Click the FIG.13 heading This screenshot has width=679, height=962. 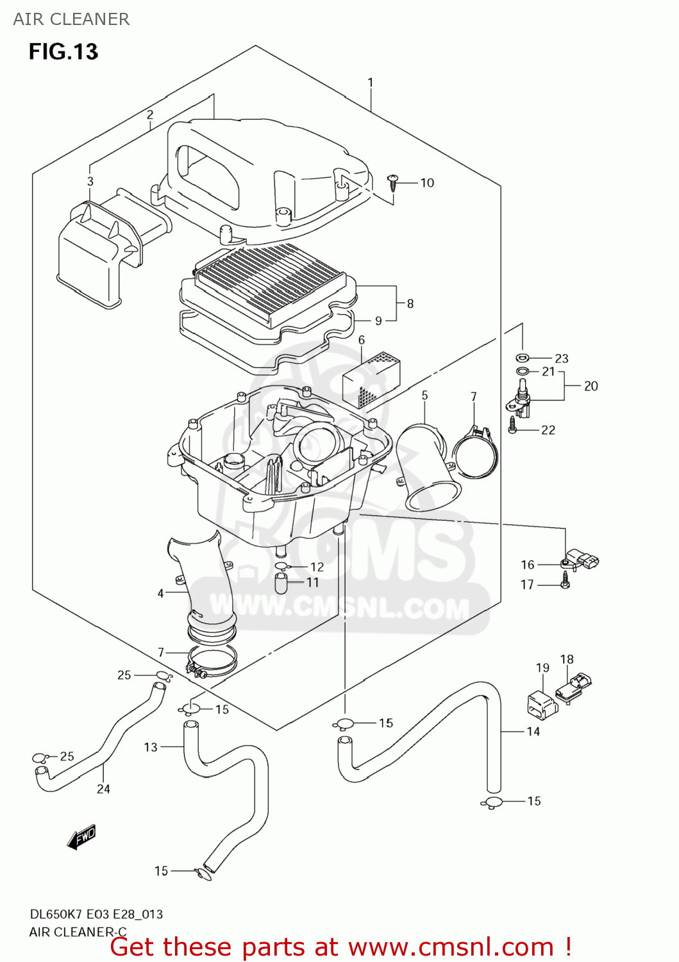coord(63,51)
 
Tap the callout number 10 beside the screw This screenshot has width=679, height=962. coord(427,183)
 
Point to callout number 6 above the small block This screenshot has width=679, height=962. coord(362,340)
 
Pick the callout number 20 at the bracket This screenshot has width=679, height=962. coord(591,386)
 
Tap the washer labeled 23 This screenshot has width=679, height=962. coord(521,358)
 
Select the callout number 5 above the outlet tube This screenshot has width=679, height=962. coord(424,396)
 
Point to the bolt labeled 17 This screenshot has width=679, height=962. coord(565,581)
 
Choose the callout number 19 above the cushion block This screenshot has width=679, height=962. coord(542,668)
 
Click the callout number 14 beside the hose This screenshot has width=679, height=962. coord(533,731)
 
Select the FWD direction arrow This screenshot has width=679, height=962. coord(81,837)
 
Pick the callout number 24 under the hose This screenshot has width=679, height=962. coord(103,789)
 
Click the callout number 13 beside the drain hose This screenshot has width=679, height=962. coord(151,747)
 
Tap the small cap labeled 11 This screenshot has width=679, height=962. coord(281,583)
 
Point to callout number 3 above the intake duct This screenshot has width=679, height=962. coord(90,181)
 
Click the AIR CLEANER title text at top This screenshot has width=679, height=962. coord(71,19)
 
